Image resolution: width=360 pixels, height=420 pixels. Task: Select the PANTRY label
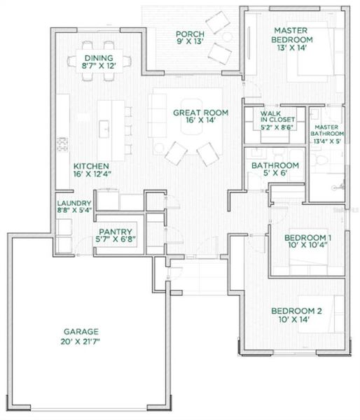click(116, 231)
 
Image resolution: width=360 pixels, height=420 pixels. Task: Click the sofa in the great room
click(155, 115)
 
